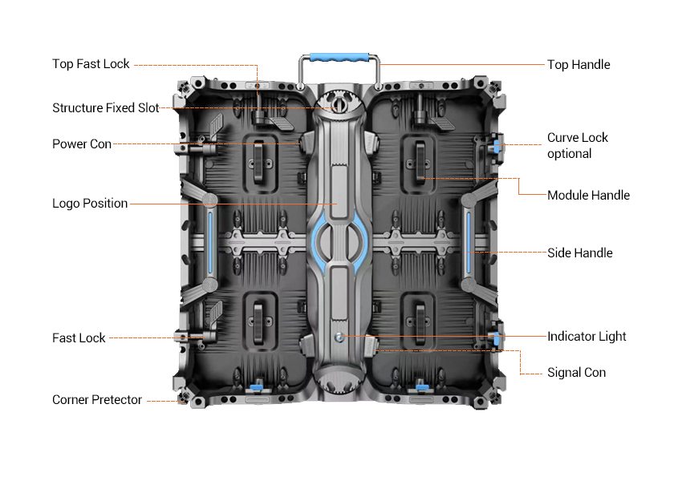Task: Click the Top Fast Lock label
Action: click(x=91, y=64)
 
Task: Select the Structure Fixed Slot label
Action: click(x=105, y=107)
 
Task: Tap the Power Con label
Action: click(x=82, y=143)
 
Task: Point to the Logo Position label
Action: click(x=90, y=204)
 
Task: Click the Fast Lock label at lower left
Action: click(x=79, y=338)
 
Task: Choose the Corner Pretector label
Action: click(x=97, y=400)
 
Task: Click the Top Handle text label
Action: click(x=579, y=64)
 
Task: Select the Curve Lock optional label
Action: click(x=578, y=145)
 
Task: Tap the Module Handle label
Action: click(x=588, y=196)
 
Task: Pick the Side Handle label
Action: click(x=579, y=253)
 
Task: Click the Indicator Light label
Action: click(x=587, y=337)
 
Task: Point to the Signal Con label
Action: click(x=576, y=373)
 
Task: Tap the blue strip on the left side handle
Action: click(x=211, y=244)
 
